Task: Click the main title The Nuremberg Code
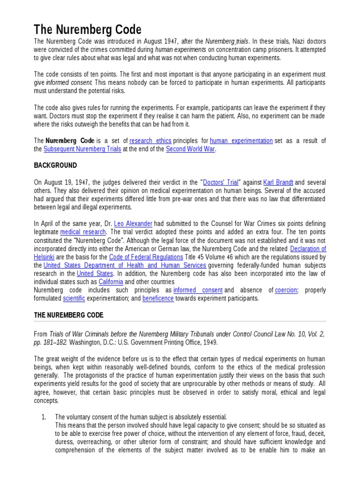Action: point(87,30)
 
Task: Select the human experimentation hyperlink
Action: point(241,141)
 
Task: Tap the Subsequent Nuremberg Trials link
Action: point(82,149)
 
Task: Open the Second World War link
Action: point(190,149)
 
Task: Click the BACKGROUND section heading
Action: point(55,165)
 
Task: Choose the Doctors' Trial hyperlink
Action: point(220,182)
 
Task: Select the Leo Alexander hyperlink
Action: point(133,224)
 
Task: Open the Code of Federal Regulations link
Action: point(146,257)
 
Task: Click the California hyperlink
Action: point(111,282)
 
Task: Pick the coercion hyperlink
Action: point(286,290)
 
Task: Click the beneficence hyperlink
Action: point(158,298)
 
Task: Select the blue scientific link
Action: point(74,298)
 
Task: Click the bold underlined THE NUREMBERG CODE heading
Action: point(68,315)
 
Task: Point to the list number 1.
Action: point(44,417)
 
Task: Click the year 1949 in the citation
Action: point(210,342)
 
